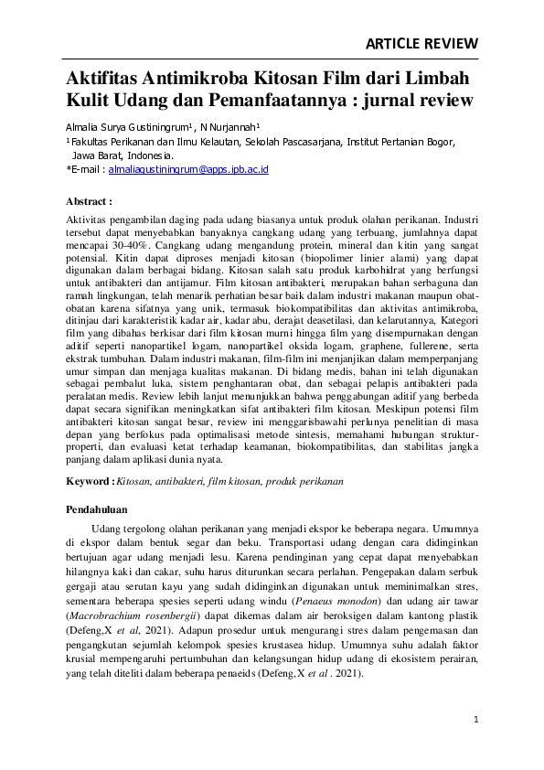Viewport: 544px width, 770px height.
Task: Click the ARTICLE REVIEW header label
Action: click(421, 43)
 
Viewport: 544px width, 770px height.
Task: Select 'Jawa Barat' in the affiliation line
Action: click(98, 155)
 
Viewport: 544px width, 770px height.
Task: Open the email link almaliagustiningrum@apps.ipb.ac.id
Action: click(187, 169)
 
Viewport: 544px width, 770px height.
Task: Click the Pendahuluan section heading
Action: click(100, 508)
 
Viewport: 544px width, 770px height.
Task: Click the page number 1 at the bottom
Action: click(475, 720)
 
